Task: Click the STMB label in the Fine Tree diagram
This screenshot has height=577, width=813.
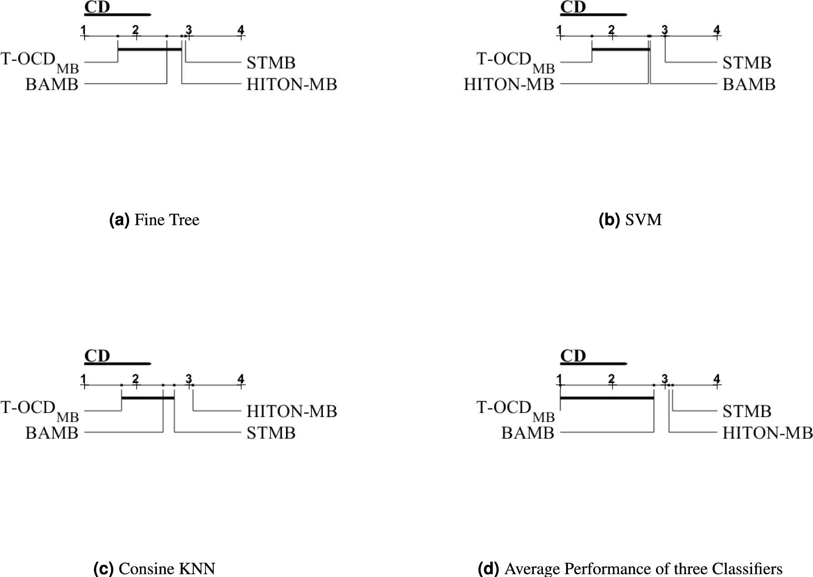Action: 271,63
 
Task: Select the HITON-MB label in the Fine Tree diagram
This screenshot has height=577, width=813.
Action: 292,85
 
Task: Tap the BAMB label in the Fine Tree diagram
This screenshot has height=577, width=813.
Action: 52,85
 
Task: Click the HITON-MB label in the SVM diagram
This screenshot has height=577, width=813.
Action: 509,85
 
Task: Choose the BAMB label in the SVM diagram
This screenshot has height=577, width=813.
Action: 749,85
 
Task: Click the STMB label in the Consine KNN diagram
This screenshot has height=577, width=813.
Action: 271,433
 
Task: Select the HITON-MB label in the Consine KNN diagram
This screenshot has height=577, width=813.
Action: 292,411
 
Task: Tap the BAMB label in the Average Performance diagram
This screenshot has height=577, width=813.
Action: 528,433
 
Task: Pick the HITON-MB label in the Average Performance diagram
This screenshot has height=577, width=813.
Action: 768,433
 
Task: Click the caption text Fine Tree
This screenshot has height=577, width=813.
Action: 167,220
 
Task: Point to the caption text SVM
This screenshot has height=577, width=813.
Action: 643,220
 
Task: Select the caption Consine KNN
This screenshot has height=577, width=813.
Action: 167,569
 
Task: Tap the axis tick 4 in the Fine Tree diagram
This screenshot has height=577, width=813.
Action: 241,30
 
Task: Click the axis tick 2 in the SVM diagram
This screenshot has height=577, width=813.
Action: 611,30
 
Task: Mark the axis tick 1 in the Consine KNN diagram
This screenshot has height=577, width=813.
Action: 84,379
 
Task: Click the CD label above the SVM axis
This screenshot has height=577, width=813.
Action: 573,7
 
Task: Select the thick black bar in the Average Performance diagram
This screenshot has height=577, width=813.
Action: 607,398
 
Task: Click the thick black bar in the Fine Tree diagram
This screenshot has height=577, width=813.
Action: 150,49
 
